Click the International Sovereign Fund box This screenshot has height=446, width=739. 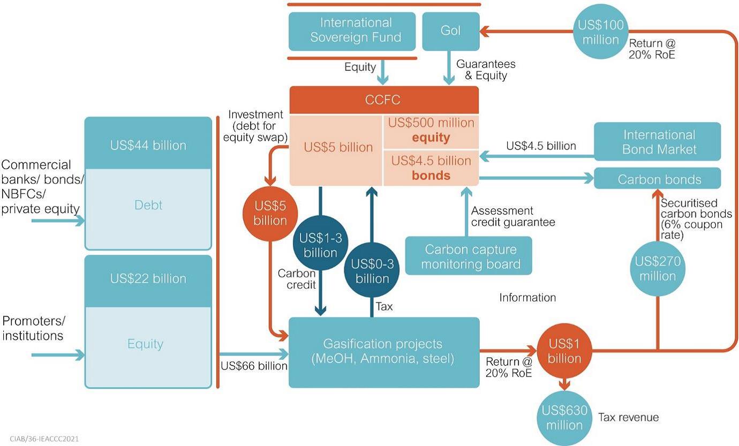[352, 31]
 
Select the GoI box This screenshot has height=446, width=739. [450, 31]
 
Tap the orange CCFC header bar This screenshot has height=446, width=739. [383, 100]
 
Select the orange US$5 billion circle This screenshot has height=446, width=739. [270, 213]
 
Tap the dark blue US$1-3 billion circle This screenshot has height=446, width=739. [320, 245]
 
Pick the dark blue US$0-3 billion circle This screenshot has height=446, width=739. [372, 271]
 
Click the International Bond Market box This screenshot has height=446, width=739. [658, 141]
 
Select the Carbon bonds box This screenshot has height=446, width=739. [658, 179]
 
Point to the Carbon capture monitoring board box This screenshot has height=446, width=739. [469, 256]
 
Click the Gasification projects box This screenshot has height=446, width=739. [383, 352]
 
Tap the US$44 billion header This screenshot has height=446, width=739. [148, 145]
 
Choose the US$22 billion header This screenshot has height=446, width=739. [148, 278]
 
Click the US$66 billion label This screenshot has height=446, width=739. [254, 366]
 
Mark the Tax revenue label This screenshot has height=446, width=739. [628, 417]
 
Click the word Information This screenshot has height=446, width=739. [527, 297]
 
